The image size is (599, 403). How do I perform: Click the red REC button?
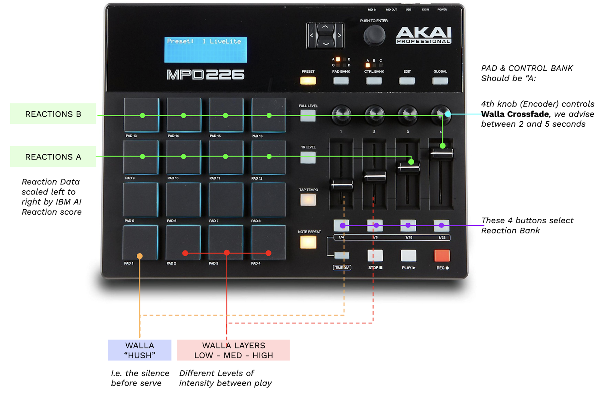click(x=442, y=255)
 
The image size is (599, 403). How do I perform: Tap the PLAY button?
click(x=408, y=255)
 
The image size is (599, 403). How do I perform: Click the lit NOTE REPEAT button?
click(x=308, y=242)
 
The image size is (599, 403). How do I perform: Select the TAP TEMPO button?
click(x=308, y=200)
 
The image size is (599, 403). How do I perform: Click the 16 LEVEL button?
click(x=308, y=158)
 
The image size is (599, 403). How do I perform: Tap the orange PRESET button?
click(x=308, y=81)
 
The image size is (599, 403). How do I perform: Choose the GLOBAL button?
click(x=440, y=81)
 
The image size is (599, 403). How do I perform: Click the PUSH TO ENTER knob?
click(x=374, y=36)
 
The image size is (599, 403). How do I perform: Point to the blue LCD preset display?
click(x=206, y=50)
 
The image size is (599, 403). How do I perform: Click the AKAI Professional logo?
click(x=424, y=35)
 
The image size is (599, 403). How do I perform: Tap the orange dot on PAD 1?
click(x=140, y=256)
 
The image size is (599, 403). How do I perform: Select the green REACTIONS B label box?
click(x=53, y=114)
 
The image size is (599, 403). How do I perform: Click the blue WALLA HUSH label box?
click(x=139, y=350)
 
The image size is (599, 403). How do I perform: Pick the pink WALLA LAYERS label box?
click(x=233, y=350)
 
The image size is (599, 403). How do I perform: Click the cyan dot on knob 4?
click(x=448, y=114)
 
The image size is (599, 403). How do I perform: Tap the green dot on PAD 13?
click(x=143, y=115)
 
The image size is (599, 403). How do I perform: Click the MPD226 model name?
click(x=206, y=75)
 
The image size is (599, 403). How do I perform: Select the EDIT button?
click(x=407, y=81)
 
